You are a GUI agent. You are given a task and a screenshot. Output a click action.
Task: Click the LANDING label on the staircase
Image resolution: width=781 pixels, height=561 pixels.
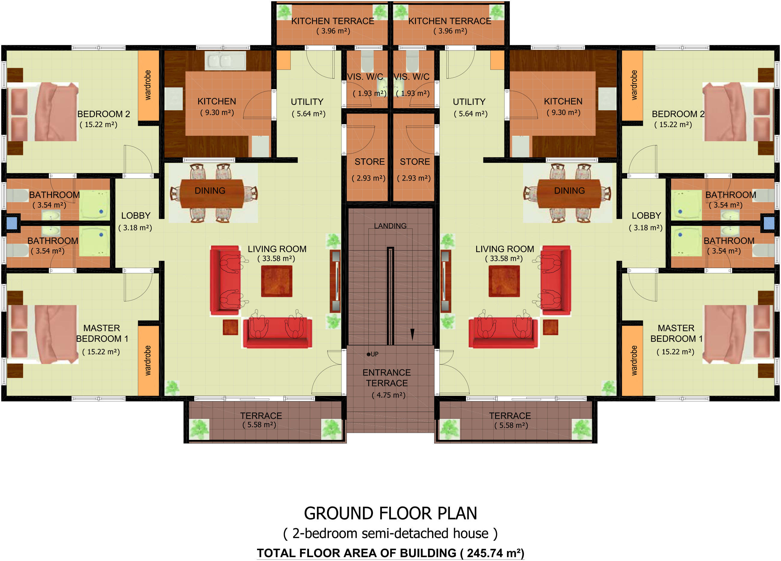coord(390,226)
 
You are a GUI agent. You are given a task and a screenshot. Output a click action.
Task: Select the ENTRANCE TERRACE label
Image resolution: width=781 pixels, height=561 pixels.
coord(387,378)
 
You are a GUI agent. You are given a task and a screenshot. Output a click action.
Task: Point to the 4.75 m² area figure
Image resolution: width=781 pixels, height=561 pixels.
coord(389,395)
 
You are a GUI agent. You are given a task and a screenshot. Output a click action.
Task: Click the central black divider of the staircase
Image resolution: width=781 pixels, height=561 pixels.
coord(390,296)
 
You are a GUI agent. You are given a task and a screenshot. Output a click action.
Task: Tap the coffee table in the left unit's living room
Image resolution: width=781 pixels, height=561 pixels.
coord(277,281)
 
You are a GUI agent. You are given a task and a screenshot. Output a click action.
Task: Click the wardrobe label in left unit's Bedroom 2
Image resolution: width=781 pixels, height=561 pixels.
coord(148,85)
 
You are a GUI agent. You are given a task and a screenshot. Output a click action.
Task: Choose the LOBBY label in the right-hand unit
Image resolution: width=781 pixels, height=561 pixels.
coord(646,215)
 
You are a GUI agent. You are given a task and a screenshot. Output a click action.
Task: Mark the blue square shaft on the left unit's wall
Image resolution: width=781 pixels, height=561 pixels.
coord(12,223)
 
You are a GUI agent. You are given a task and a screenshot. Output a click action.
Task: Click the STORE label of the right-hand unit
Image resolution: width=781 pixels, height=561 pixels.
coord(415,162)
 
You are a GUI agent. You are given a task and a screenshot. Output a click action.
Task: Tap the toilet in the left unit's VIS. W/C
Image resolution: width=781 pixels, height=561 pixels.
coord(367,61)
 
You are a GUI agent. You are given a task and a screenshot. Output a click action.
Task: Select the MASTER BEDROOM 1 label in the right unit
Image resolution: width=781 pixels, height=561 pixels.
coord(676,333)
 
